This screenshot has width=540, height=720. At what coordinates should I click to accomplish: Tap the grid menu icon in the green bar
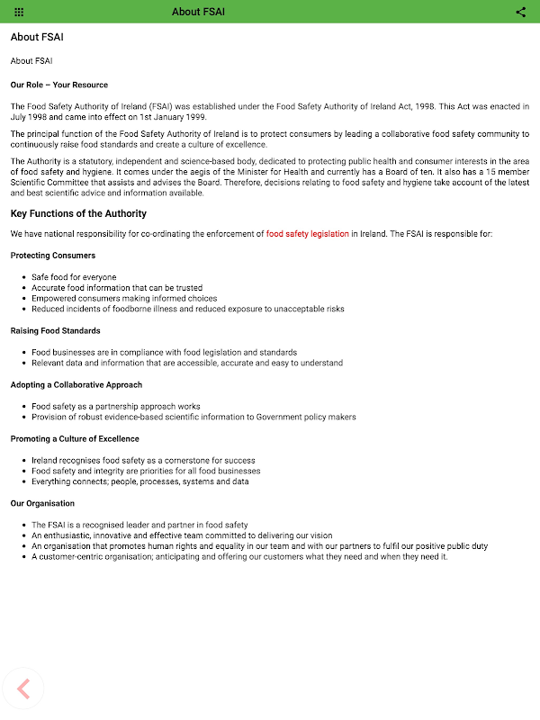click(x=19, y=12)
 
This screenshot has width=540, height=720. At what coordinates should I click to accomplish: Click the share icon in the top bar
click(x=521, y=12)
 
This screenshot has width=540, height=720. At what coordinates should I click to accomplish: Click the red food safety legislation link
click(x=307, y=234)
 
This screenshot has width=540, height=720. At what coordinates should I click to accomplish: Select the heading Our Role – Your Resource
click(x=58, y=85)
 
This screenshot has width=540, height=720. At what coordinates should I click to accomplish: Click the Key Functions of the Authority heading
click(x=78, y=214)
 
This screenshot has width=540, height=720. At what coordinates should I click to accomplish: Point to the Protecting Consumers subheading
click(x=53, y=256)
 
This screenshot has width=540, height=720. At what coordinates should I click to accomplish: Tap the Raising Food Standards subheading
click(x=55, y=331)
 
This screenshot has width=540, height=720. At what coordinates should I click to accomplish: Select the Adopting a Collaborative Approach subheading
click(x=76, y=385)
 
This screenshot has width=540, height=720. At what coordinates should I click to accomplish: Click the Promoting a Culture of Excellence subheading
click(x=75, y=439)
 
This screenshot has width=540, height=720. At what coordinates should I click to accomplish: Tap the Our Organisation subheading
click(x=42, y=503)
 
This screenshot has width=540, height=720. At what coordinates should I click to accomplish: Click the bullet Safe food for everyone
click(x=74, y=277)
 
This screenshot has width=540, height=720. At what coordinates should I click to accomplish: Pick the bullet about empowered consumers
click(x=124, y=299)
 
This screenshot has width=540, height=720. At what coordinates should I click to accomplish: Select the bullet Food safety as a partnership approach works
click(x=116, y=407)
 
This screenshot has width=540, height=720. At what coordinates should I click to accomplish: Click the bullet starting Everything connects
click(x=139, y=481)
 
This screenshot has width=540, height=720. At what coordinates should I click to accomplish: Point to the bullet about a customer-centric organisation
click(x=239, y=557)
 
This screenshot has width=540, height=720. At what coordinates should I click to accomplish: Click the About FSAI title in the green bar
click(x=198, y=12)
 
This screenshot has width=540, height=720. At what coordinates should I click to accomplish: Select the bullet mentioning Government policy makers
click(x=193, y=418)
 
